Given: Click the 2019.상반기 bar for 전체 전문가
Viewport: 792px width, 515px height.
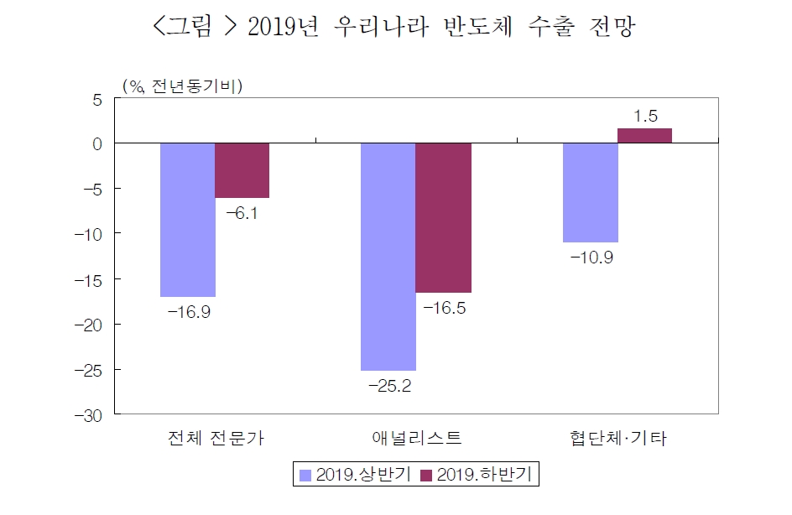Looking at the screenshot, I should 188,220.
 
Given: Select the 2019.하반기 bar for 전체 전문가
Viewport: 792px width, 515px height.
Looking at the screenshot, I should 242,170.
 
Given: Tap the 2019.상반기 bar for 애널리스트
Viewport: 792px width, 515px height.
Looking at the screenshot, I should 388,257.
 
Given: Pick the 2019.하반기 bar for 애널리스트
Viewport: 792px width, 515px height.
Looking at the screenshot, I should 443,218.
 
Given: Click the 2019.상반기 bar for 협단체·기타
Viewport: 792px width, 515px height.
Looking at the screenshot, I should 590,192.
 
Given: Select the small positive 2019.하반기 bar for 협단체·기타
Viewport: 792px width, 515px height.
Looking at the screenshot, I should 644,136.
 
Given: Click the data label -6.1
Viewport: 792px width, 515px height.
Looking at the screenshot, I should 242,213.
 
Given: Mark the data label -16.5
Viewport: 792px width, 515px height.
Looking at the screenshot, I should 445,309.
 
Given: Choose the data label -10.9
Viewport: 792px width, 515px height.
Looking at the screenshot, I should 591,257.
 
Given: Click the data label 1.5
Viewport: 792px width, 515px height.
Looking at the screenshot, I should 645,116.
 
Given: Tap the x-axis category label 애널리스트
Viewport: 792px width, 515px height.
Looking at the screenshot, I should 416,438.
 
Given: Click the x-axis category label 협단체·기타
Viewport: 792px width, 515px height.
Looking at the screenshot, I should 617,438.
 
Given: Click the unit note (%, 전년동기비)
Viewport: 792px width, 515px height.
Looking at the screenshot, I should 182,85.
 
